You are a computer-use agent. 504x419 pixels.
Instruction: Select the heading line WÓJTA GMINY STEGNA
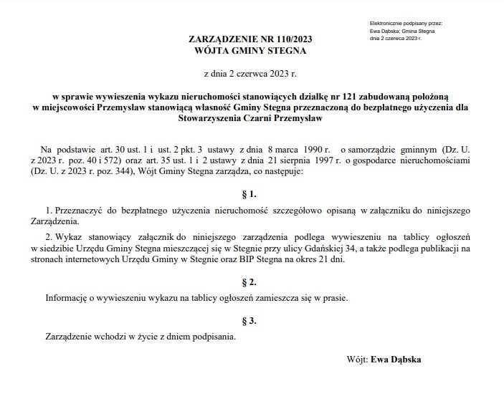[x=250, y=51]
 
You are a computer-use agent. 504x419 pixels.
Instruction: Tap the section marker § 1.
[x=250, y=193]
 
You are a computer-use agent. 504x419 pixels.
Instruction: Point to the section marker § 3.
[x=250, y=319]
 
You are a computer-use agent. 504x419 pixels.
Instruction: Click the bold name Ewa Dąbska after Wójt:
[x=396, y=360]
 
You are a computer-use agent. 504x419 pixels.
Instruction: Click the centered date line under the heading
[x=250, y=74]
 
